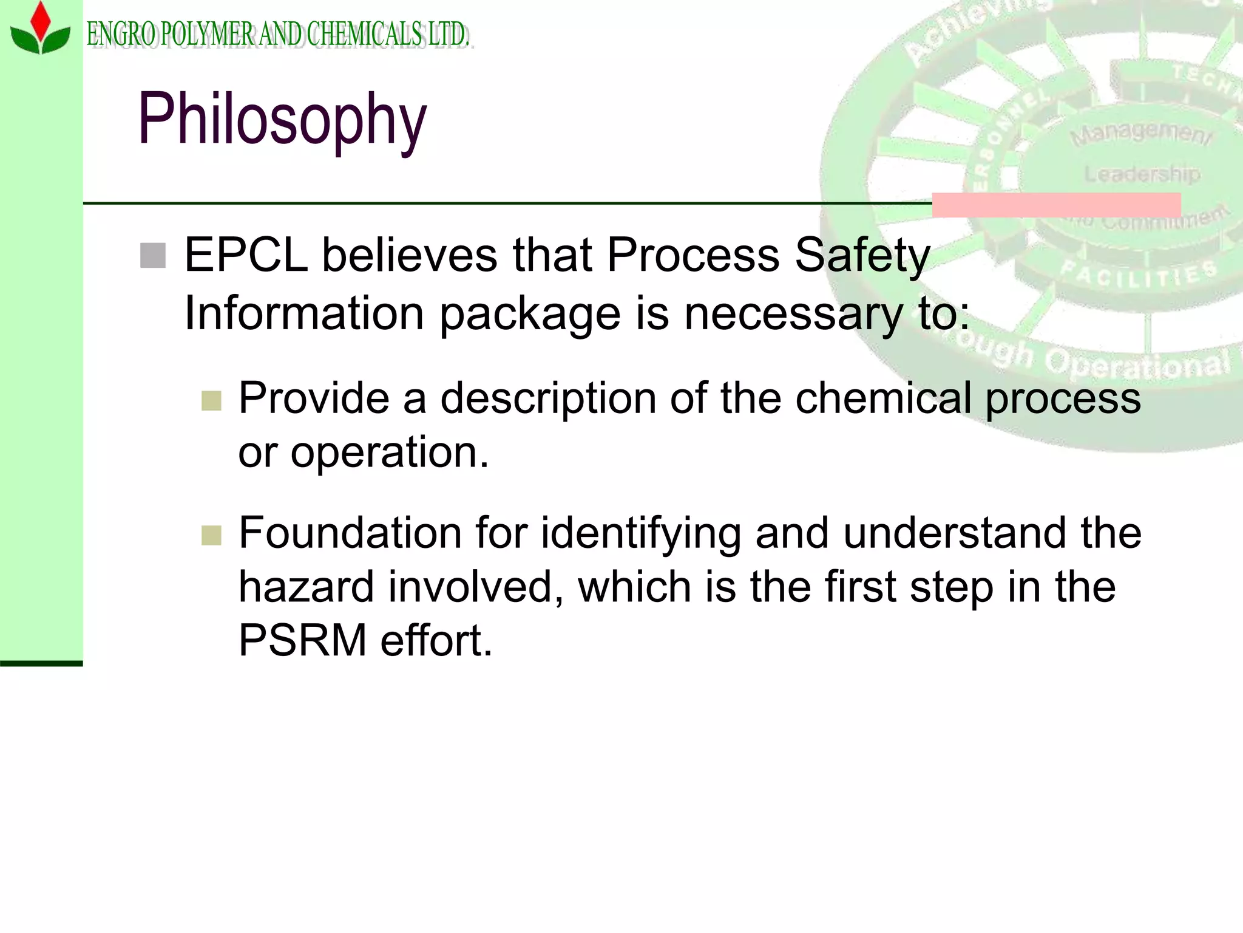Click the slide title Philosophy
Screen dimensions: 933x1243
click(282, 118)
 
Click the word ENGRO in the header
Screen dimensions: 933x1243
click(122, 34)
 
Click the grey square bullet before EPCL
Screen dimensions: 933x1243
click(152, 255)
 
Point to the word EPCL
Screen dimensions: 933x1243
click(246, 255)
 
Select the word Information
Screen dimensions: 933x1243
click(303, 313)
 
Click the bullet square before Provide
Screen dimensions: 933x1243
click(211, 400)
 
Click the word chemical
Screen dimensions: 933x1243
click(883, 398)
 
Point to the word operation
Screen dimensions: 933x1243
click(389, 453)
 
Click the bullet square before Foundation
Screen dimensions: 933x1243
click(211, 535)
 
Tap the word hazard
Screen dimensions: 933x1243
click(306, 587)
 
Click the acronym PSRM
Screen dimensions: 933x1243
click(302, 641)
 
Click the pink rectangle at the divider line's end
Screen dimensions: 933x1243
click(1056, 205)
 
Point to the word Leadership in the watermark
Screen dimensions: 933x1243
click(1142, 174)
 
